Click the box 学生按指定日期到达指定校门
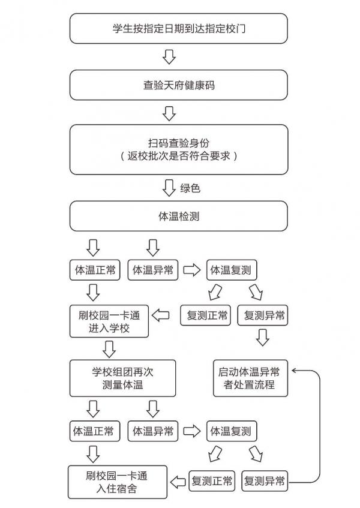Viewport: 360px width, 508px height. coord(178,28)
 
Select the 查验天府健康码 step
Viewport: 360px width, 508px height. coord(178,85)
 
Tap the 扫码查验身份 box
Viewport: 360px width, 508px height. coord(178,142)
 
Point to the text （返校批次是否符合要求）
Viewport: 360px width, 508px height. coord(178,156)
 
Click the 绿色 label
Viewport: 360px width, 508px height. coord(190,188)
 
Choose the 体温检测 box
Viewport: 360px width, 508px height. coord(178,216)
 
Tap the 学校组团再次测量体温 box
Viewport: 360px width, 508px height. coord(122,378)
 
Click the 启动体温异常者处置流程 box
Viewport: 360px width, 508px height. coord(250,378)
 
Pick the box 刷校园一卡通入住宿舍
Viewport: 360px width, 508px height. coord(116,482)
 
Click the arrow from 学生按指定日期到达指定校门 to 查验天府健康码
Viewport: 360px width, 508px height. coord(169,56)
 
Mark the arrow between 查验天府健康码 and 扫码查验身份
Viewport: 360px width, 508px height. coord(169,113)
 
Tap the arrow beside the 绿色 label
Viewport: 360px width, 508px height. coord(169,188)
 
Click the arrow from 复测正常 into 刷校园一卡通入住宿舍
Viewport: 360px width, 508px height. coord(178,481)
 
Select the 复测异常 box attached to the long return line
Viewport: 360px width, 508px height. coord(265,481)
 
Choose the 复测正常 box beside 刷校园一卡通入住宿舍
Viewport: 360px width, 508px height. coord(211,481)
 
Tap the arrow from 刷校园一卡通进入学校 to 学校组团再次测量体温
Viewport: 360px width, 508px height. coord(109,348)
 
